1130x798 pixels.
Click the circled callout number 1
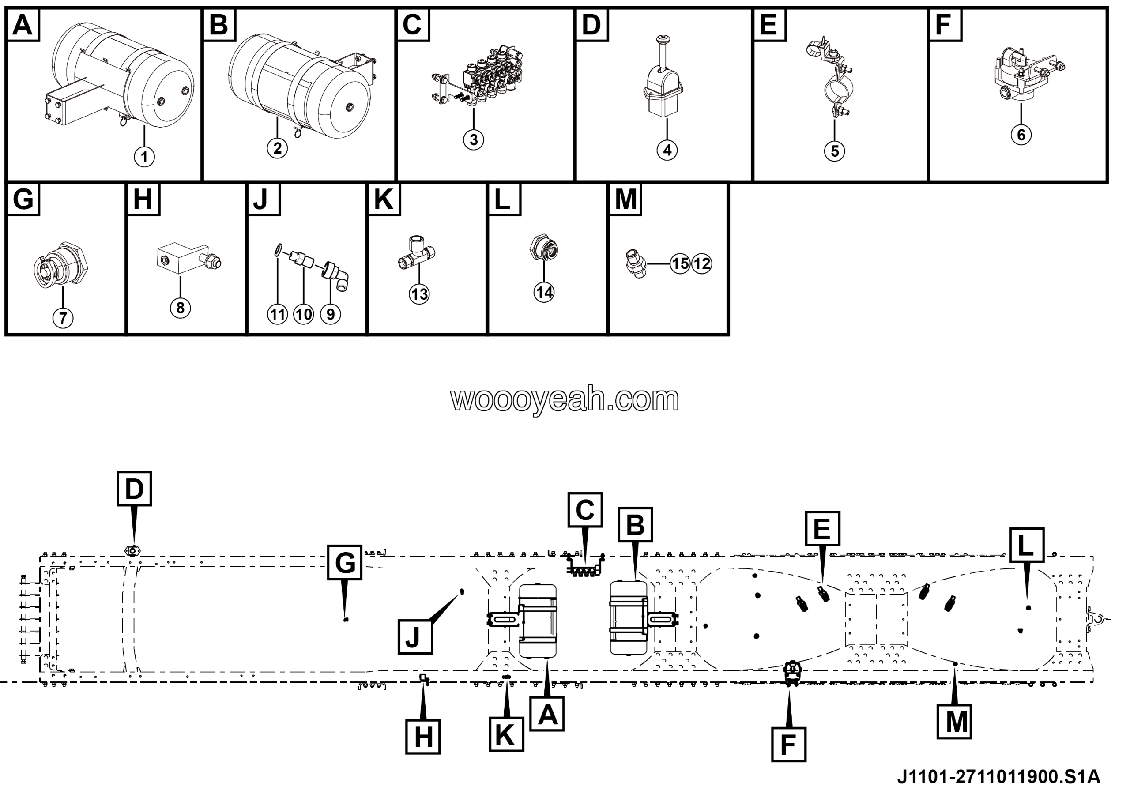[x=144, y=157]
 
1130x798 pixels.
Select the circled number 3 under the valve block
[x=474, y=140]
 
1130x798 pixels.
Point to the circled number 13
[x=419, y=294]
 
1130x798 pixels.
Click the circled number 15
[x=680, y=263]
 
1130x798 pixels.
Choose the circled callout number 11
[x=278, y=314]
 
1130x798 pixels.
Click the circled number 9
[x=330, y=314]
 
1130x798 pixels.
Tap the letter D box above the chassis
[x=134, y=489]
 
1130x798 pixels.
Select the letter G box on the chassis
[x=344, y=562]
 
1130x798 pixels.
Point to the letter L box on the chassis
[x=1027, y=545]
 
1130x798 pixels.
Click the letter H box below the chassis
[x=423, y=737]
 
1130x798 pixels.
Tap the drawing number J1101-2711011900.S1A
[x=998, y=777]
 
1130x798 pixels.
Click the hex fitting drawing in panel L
[x=544, y=247]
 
